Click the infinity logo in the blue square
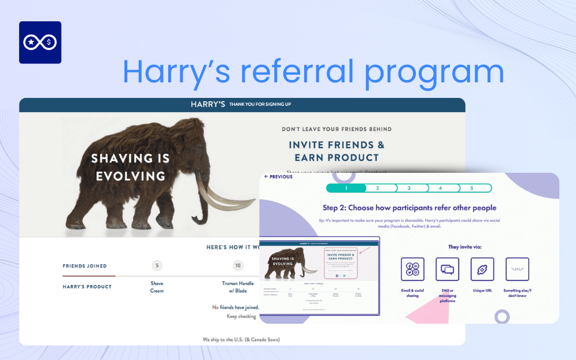(40, 42)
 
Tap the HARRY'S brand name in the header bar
(207, 104)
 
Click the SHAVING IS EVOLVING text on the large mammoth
(130, 167)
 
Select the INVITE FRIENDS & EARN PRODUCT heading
(336, 151)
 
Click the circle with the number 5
(157, 266)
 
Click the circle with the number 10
(238, 266)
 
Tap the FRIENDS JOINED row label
(85, 266)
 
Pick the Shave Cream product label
(157, 287)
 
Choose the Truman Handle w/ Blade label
(238, 287)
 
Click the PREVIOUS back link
(278, 177)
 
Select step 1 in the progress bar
(346, 188)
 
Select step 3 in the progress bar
(409, 188)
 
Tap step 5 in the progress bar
(471, 188)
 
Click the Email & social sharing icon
(412, 269)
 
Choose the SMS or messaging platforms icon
(447, 269)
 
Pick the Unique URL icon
(482, 269)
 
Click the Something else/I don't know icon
(517, 269)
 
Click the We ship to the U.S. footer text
(241, 339)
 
